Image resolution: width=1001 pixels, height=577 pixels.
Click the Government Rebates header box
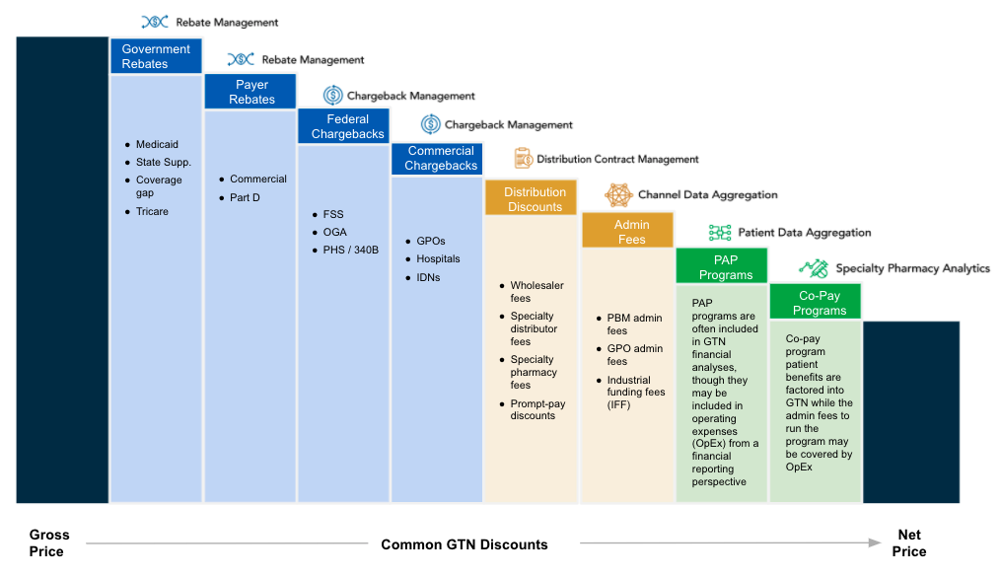pyautogui.click(x=156, y=56)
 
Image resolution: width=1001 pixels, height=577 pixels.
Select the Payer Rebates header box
pyautogui.click(x=250, y=92)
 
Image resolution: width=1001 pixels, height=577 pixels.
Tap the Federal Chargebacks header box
pyautogui.click(x=343, y=126)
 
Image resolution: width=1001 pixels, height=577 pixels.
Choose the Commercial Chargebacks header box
pyautogui.click(x=437, y=158)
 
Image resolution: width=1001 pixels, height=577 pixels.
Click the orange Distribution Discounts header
pyautogui.click(x=531, y=198)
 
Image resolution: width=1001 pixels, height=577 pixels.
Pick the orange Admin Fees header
pyautogui.click(x=627, y=231)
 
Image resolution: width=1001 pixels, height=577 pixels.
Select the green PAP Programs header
pyautogui.click(x=721, y=265)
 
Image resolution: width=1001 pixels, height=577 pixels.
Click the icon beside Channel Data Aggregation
pyautogui.click(x=618, y=195)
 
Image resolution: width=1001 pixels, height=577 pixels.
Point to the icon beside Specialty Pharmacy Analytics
pyautogui.click(x=814, y=268)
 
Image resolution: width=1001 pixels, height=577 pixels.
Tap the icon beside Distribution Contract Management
pyautogui.click(x=524, y=158)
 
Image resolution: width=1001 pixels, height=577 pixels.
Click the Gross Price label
pyautogui.click(x=49, y=543)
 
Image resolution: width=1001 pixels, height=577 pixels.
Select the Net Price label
pyautogui.click(x=909, y=543)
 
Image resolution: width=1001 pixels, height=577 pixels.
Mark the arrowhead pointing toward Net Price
pyautogui.click(x=876, y=542)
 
